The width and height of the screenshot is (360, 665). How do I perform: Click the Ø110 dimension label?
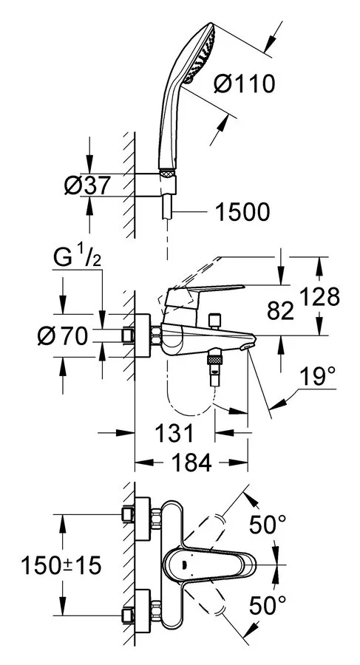(244, 84)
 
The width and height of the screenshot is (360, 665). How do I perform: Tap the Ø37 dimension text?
(87, 185)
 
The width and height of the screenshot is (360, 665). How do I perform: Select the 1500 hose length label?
(242, 211)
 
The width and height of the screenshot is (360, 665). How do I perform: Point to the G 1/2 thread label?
(78, 259)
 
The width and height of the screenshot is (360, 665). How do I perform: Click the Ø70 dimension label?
(62, 337)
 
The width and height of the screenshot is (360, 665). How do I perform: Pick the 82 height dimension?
(280, 311)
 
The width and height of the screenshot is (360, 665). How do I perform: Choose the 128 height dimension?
(319, 297)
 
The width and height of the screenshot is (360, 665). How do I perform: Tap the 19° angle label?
(316, 377)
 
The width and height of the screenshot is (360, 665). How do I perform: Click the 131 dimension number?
(174, 433)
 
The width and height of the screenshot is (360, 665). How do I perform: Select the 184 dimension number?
(190, 463)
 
